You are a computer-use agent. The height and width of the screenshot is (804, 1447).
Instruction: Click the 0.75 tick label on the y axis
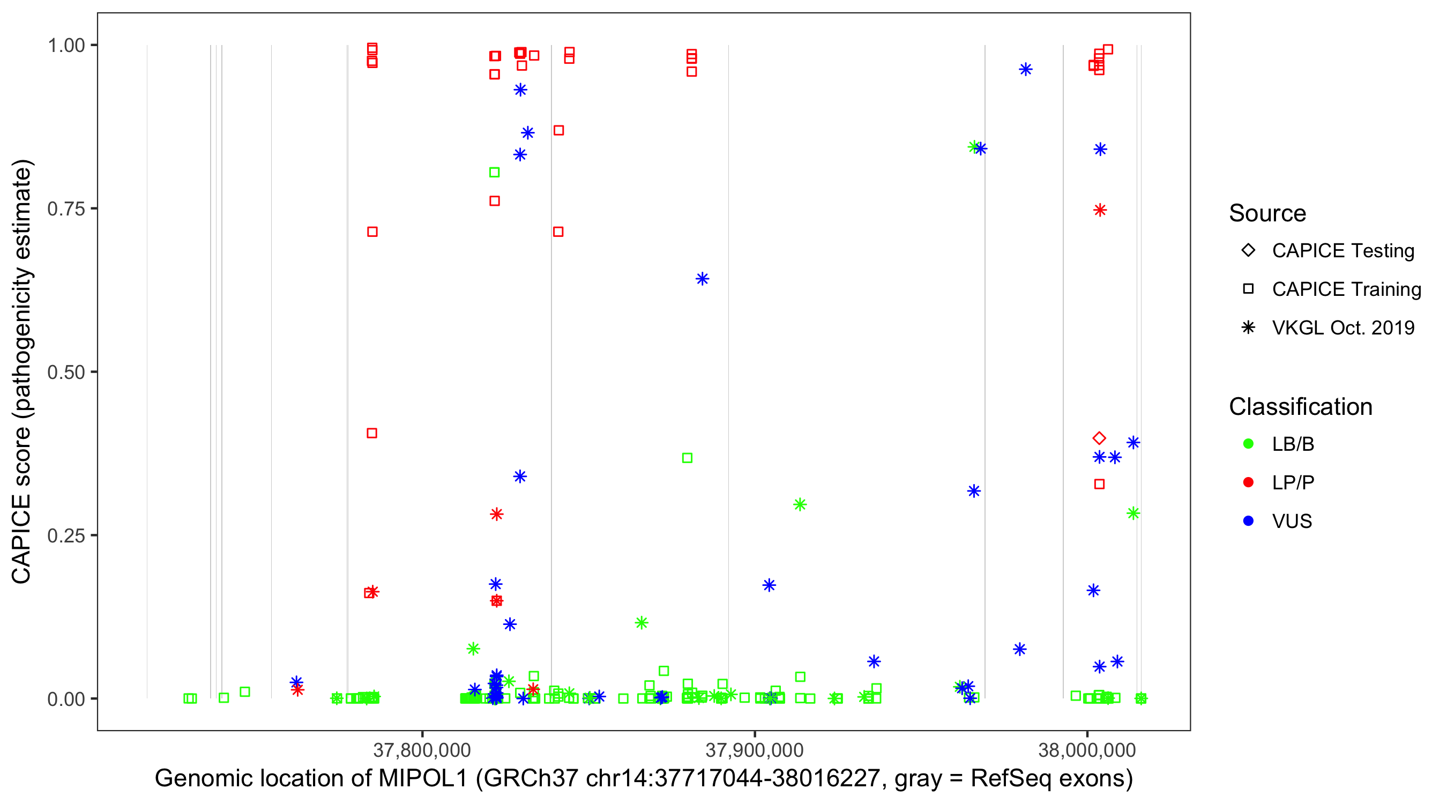[66, 209]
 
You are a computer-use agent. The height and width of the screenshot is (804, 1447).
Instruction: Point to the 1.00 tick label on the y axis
[66, 45]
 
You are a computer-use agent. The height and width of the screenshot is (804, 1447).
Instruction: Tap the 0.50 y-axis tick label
[66, 372]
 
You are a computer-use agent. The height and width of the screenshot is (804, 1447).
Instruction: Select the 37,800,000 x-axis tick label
[422, 750]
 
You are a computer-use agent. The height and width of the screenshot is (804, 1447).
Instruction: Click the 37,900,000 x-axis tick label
[755, 750]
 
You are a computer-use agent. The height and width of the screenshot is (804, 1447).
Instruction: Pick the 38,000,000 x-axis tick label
[1087, 750]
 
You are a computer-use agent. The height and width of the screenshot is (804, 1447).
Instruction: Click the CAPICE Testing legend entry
[1342, 251]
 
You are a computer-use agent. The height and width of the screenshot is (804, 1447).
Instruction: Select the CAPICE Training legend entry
[1346, 289]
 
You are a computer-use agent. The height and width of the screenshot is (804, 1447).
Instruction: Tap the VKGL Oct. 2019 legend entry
[1342, 327]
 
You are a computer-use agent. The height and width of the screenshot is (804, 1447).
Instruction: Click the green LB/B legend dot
[1249, 444]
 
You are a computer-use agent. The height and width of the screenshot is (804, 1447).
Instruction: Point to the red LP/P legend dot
[1249, 482]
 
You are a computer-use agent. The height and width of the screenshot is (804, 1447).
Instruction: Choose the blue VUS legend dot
[1249, 521]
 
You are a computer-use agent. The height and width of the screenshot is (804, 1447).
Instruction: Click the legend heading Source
[1267, 213]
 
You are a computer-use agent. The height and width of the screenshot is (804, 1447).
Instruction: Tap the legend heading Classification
[1300, 407]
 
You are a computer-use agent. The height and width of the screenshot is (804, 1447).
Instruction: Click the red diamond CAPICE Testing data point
[1099, 438]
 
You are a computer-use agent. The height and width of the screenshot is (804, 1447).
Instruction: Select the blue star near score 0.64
[702, 279]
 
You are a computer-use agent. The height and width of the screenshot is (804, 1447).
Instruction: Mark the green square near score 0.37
[687, 458]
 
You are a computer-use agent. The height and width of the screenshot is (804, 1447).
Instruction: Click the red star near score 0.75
[1100, 210]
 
